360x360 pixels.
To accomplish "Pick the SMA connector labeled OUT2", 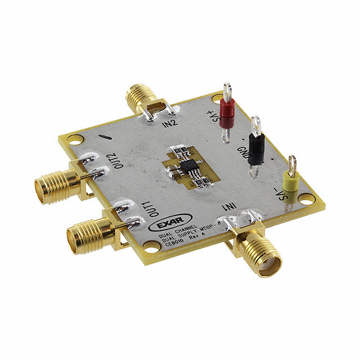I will click(x=53, y=183).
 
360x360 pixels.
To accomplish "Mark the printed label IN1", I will click(x=231, y=208).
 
